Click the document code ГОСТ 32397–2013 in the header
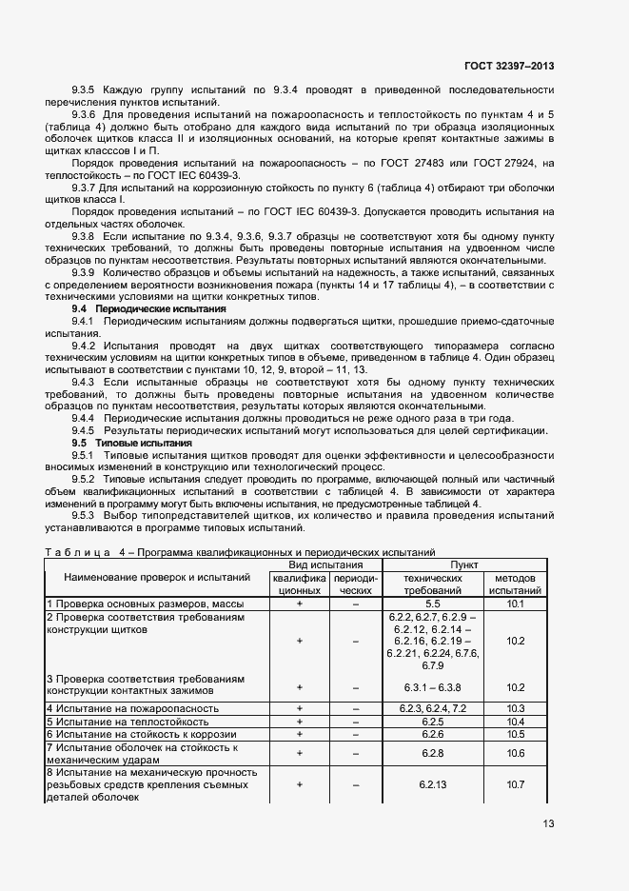[x=509, y=66]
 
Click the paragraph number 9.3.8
[x=88, y=233]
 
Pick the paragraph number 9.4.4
[x=88, y=418]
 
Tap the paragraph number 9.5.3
[x=88, y=514]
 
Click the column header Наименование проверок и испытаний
[x=157, y=577]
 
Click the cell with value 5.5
[x=432, y=604]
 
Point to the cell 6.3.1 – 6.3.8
[x=432, y=687]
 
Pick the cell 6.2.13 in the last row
[x=432, y=784]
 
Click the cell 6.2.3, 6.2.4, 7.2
[x=432, y=708]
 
